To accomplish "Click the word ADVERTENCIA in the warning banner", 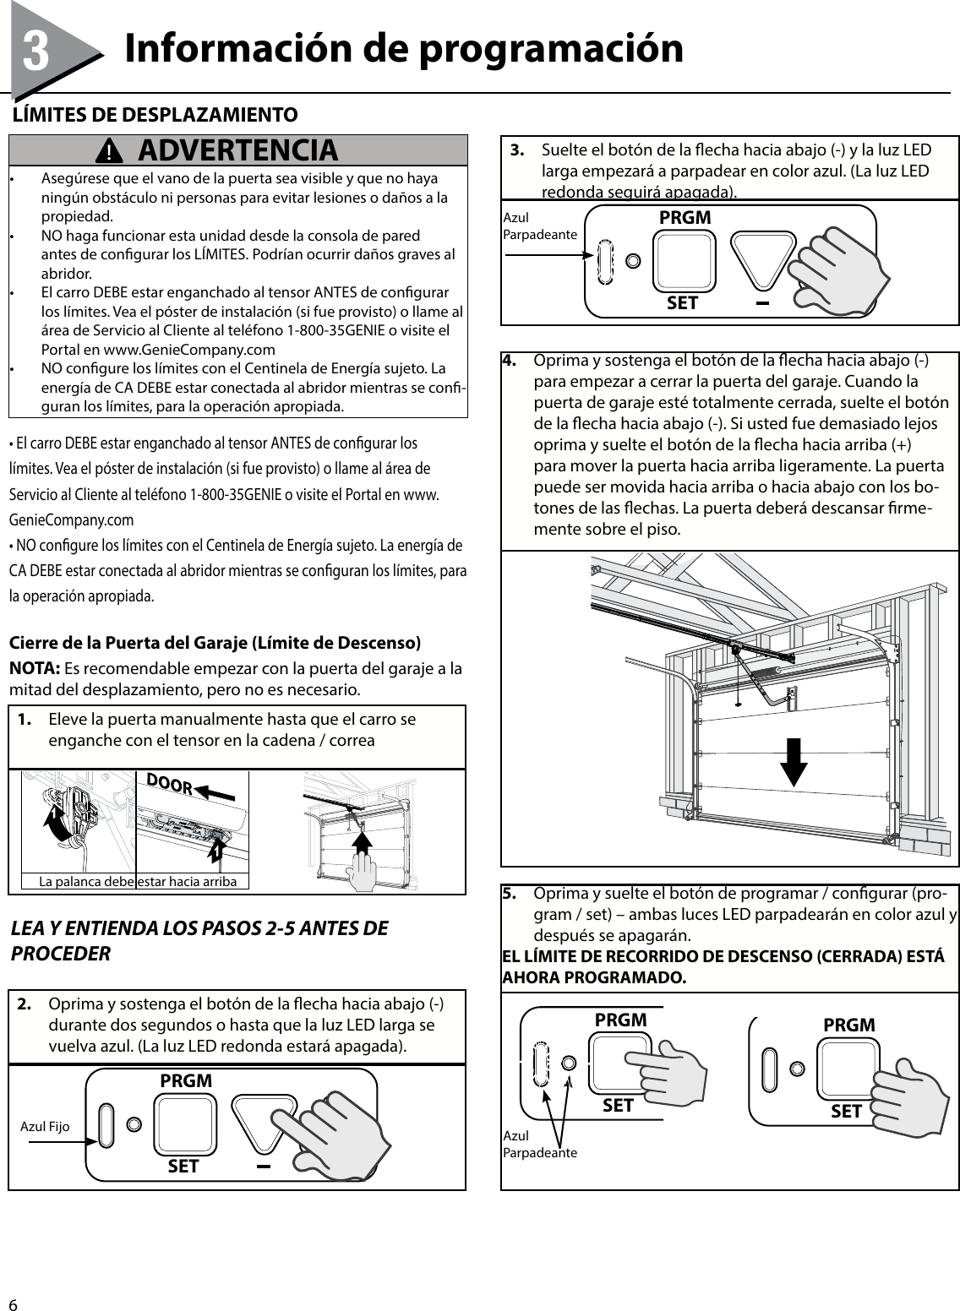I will click(237, 150).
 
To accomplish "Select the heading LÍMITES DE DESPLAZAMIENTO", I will click(153, 114).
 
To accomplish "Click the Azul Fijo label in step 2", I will click(45, 1127).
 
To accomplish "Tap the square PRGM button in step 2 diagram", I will click(185, 1124).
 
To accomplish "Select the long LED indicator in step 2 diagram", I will click(106, 1126).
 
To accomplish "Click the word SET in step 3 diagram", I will click(682, 302).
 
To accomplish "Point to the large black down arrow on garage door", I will click(793, 760).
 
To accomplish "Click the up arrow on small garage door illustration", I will click(362, 845).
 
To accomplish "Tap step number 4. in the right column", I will click(510, 361).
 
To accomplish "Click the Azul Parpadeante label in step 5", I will click(539, 1145).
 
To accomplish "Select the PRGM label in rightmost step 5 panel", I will click(848, 1025).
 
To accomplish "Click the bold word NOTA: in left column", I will click(34, 669).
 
